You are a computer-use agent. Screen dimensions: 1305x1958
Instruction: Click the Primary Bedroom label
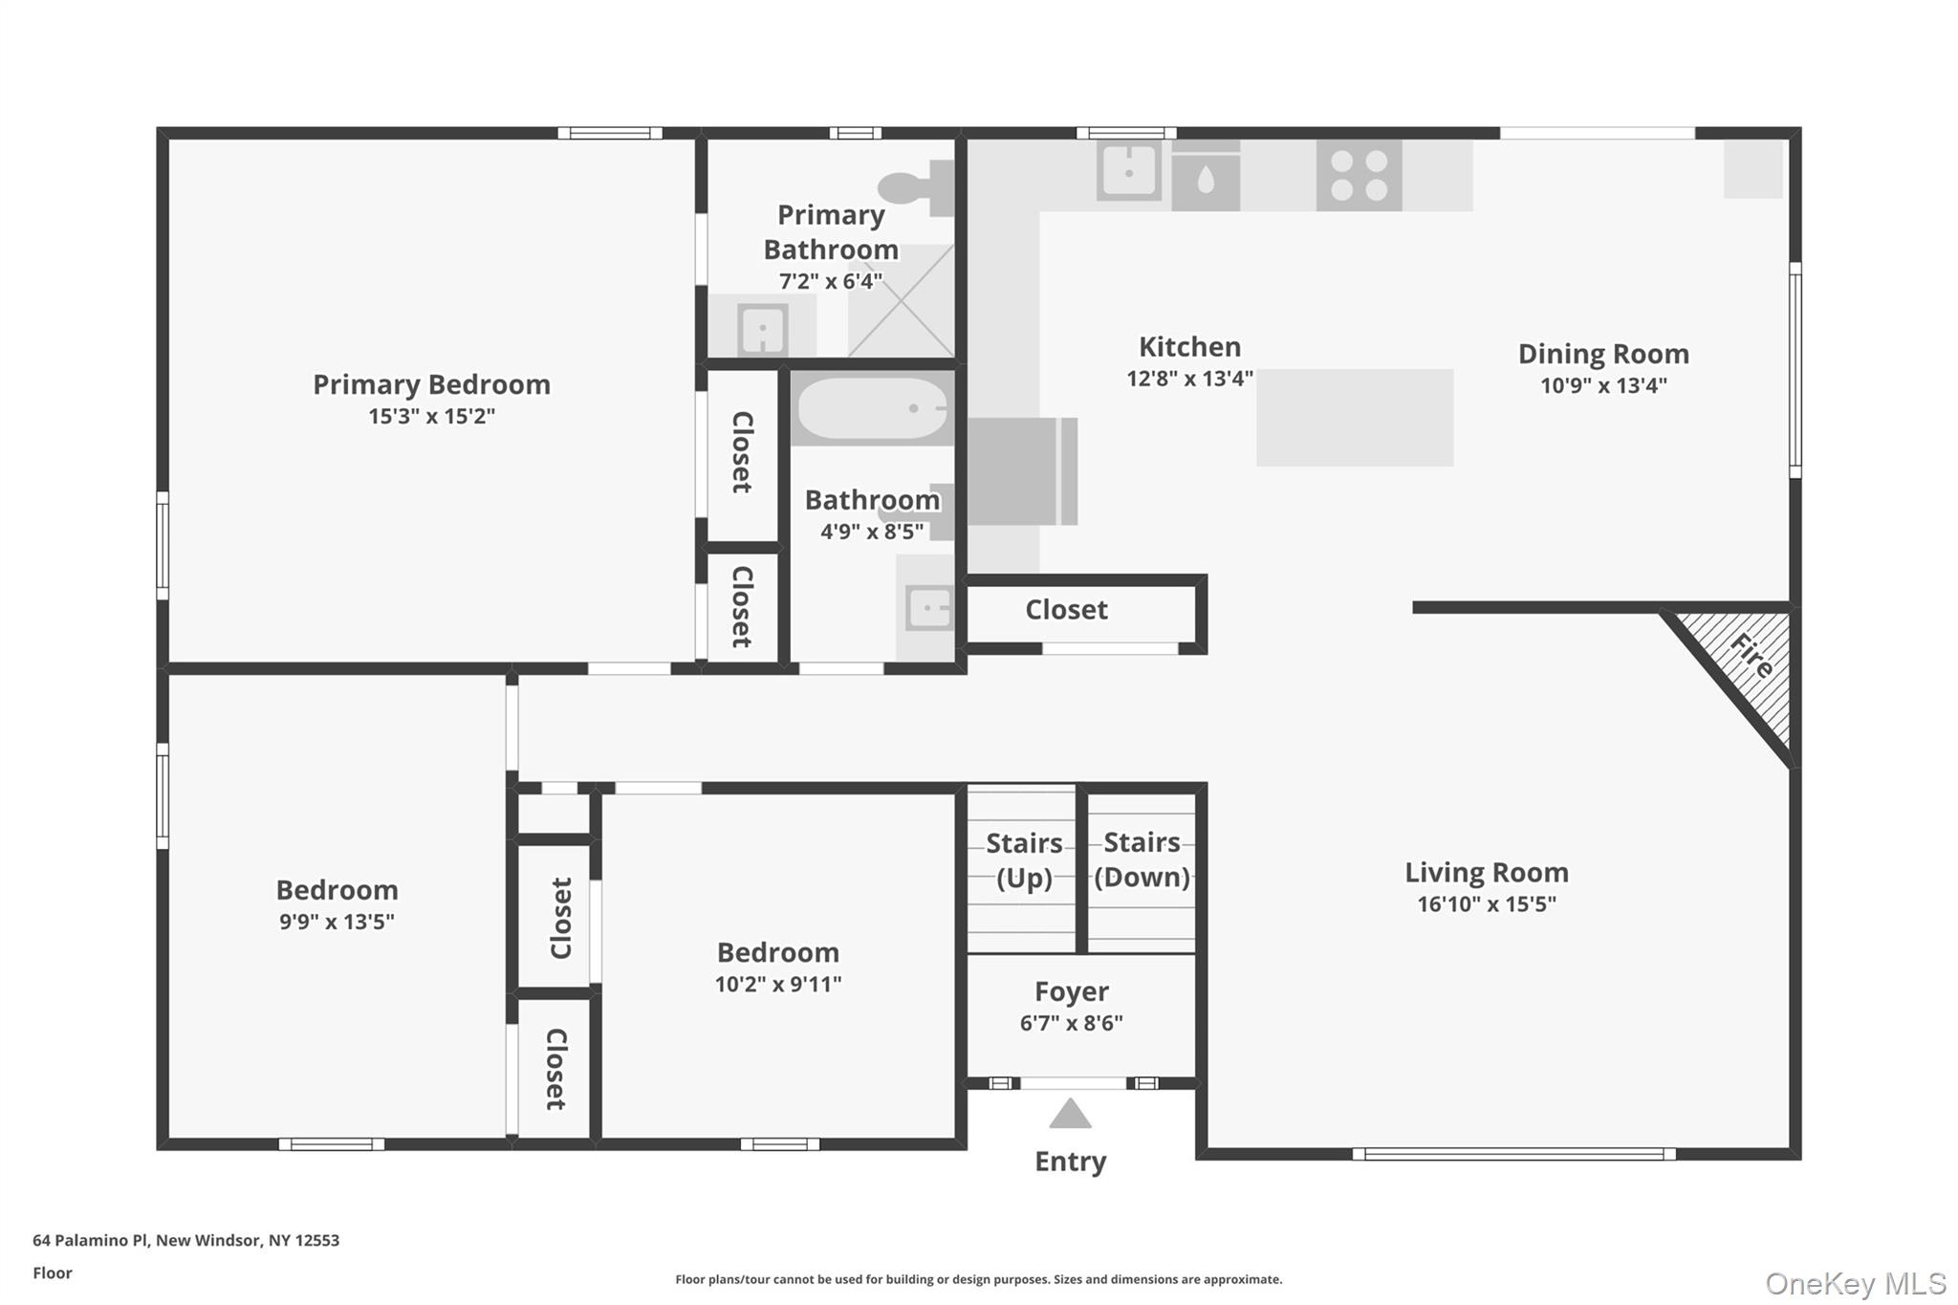pyautogui.click(x=431, y=384)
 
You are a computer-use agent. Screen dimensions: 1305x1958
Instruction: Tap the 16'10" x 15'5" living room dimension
pyautogui.click(x=1486, y=903)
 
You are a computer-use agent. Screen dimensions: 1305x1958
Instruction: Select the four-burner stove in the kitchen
pyautogui.click(x=1359, y=176)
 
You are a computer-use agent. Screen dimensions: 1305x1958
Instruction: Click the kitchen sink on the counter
pyautogui.click(x=1128, y=172)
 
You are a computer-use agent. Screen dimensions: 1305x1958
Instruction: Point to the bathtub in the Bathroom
pyautogui.click(x=872, y=408)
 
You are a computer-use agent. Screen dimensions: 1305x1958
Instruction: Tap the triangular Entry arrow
pyautogui.click(x=1070, y=1115)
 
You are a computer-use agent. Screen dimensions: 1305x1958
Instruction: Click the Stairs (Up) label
pyautogui.click(x=1024, y=859)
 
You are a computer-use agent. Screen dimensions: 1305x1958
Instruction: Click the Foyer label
pyautogui.click(x=1071, y=991)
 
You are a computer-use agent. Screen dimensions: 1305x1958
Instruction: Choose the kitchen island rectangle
pyautogui.click(x=1355, y=418)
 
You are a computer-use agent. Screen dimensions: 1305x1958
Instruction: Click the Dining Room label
pyautogui.click(x=1603, y=354)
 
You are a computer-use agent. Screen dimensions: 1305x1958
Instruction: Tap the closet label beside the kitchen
pyautogui.click(x=1066, y=610)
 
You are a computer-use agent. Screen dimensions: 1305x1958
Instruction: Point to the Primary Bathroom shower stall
pyautogui.click(x=902, y=300)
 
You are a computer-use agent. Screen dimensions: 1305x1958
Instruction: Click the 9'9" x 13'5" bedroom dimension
pyautogui.click(x=337, y=922)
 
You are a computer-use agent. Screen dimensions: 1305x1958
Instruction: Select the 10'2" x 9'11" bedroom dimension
pyautogui.click(x=777, y=984)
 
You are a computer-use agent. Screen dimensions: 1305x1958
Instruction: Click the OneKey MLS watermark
pyautogui.click(x=1855, y=1283)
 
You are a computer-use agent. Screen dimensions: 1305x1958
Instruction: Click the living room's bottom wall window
pyautogui.click(x=1513, y=1154)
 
